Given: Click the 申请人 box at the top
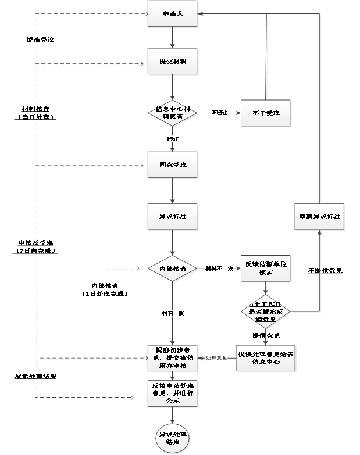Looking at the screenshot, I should pyautogui.click(x=173, y=14).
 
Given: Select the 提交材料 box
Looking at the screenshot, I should pyautogui.click(x=173, y=61).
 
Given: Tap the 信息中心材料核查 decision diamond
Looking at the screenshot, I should pyautogui.click(x=173, y=112).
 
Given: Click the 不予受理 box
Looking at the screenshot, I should pyautogui.click(x=266, y=113).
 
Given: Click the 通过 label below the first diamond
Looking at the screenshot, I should pyautogui.click(x=172, y=139).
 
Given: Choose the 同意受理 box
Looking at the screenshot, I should pyautogui.click(x=173, y=165).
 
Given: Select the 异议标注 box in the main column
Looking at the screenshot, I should pyautogui.click(x=173, y=216).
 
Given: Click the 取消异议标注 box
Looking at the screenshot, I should pyautogui.click(x=319, y=217).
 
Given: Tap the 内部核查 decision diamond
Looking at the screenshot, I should pyautogui.click(x=173, y=269).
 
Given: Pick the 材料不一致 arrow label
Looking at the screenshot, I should pyautogui.click(x=219, y=268).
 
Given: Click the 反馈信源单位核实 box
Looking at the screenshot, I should pyautogui.click(x=266, y=268).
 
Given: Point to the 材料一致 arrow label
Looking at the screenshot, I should pyautogui.click(x=172, y=313).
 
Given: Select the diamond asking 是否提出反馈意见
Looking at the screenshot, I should pyautogui.click(x=266, y=311).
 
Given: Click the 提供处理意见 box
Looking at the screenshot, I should pyautogui.click(x=266, y=358).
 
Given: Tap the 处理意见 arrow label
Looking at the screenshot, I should pyautogui.click(x=216, y=358).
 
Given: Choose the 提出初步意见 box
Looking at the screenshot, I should pyautogui.click(x=173, y=358).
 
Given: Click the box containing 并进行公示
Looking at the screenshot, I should pyautogui.click(x=173, y=393).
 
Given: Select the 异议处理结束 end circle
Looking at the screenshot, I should pyautogui.click(x=173, y=438).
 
